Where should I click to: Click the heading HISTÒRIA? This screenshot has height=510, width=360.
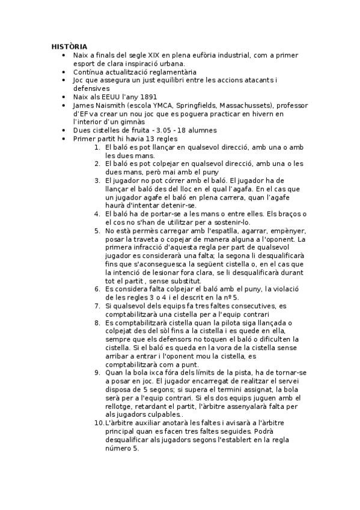tap(69, 46)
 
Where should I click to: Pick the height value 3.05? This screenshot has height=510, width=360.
tap(160, 130)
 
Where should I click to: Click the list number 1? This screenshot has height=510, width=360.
tap(97, 147)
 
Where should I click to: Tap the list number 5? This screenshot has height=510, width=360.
tap(97, 230)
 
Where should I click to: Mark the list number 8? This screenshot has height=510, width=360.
tap(97, 322)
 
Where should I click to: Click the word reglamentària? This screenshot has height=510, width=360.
tap(151, 72)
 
